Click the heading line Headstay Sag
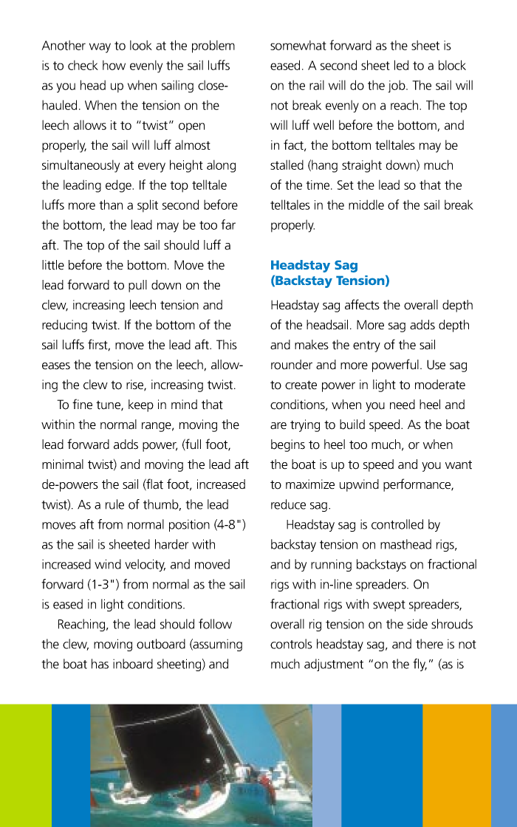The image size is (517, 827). pos(314,265)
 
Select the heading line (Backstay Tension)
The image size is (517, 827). pos(329,281)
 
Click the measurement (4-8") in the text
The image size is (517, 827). pos(228,525)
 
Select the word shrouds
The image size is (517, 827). pos(451,625)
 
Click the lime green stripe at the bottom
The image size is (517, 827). pos(25,764)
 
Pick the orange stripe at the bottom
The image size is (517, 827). pos(456,764)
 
